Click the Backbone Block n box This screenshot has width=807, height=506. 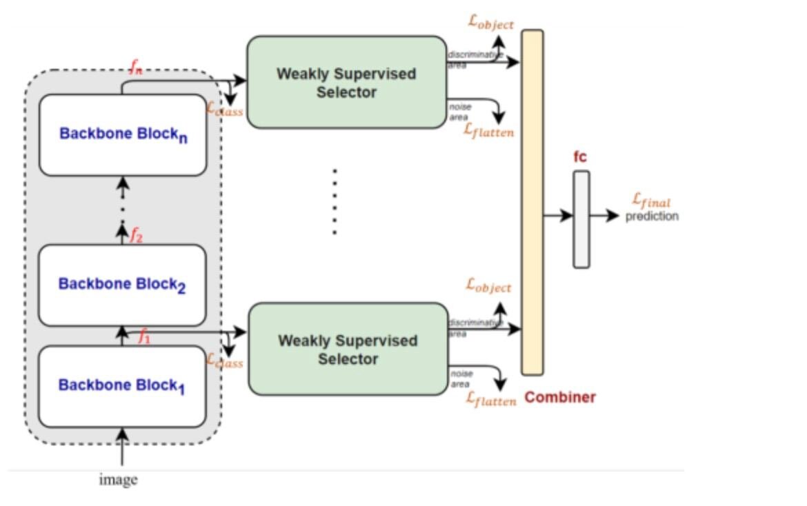coord(123,134)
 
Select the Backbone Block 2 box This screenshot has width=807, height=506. coord(122,285)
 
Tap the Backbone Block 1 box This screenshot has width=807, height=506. coord(122,386)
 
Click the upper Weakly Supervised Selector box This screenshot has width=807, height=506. coord(346,82)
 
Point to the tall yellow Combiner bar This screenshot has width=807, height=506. coord(532,202)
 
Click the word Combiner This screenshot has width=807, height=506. coord(560,397)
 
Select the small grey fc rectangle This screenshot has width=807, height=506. coord(581,219)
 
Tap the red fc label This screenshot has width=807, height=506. coord(580,157)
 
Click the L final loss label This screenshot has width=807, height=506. coord(651,201)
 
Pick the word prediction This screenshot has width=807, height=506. coord(652,216)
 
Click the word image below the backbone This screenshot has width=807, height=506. coord(118,480)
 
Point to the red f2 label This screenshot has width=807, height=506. coord(137,236)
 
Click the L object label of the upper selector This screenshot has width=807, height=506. coord(490,23)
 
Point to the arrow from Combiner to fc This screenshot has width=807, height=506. coord(558,216)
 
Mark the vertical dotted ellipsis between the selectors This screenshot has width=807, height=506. coord(335,201)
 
